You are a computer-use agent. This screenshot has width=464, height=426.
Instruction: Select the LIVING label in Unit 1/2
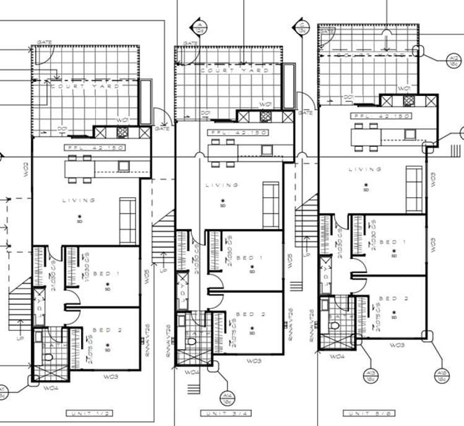(79, 200)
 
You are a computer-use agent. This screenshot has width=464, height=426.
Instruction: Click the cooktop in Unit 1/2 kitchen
(122, 132)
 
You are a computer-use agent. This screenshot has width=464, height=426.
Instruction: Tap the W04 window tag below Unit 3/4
(192, 372)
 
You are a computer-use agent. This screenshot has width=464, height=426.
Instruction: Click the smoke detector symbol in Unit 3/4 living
(223, 201)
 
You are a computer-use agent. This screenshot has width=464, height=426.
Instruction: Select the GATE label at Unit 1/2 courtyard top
(44, 42)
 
